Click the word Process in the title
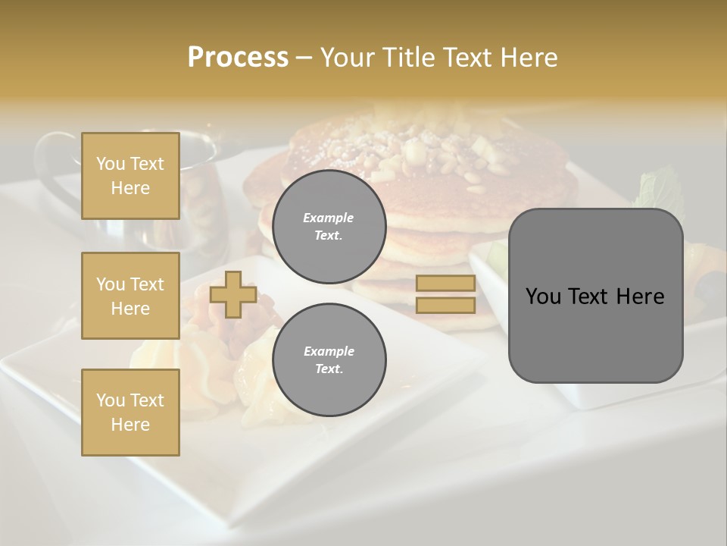pos(238,58)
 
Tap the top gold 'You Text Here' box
pos(130,176)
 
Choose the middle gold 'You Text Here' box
pos(130,296)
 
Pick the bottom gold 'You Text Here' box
pos(130,413)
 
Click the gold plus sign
pos(233,294)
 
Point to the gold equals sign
pos(445,294)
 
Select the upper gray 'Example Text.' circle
pos(329,227)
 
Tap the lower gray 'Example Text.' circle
pos(329,360)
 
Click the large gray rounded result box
pos(595,296)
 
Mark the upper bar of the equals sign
pos(445,284)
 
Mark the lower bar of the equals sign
pos(445,305)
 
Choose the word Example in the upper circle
pos(329,218)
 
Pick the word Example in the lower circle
pos(329,351)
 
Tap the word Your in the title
pos(345,58)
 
